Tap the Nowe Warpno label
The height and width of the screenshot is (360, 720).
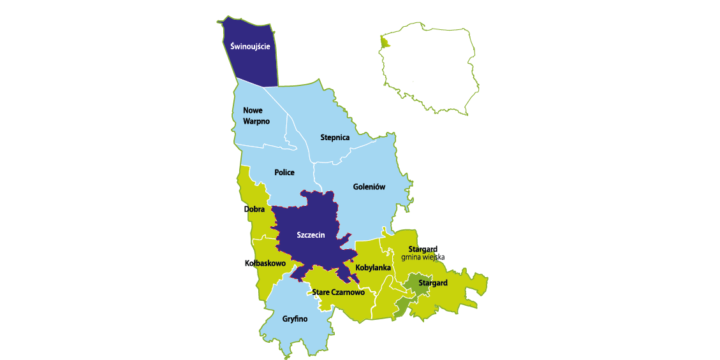click(257, 115)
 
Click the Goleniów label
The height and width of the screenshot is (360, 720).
click(369, 187)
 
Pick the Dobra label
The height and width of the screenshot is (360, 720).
click(253, 210)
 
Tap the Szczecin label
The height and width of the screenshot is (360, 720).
click(312, 235)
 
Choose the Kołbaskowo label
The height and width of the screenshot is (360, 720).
click(265, 263)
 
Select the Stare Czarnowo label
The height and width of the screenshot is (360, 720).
click(337, 292)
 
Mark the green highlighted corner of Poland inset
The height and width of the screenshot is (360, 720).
click(383, 43)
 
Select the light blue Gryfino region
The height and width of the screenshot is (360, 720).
click(300, 305)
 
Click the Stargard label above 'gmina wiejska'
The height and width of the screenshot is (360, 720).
click(423, 247)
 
